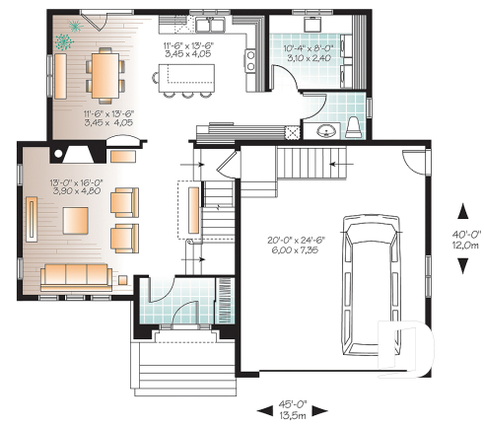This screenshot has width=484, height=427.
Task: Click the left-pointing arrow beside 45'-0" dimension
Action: point(262,407)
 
